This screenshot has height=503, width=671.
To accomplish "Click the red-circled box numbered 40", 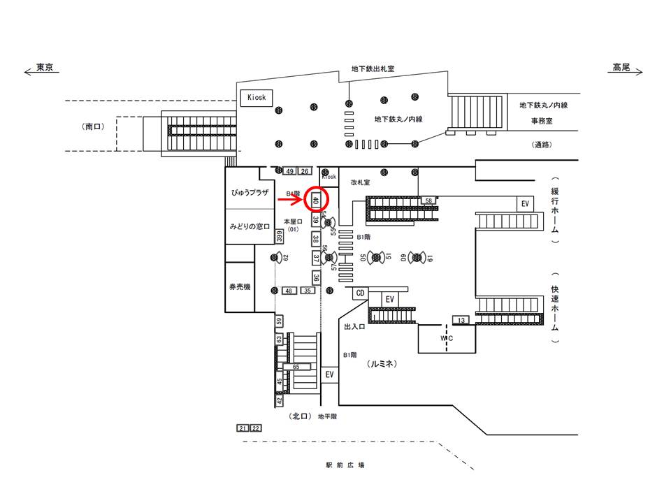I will pos(316,200).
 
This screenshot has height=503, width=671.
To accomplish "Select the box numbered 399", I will pos(279,237).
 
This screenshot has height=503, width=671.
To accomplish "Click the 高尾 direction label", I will pos(621,68).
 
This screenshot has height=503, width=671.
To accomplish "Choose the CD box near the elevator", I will pos(361,293).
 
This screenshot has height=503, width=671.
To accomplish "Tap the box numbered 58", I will pos(428,201).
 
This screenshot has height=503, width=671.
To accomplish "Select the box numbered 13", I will pos(461,320).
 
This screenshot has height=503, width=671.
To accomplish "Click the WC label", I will pos(447,339).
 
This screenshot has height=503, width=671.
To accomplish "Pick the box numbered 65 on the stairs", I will pos(296,366).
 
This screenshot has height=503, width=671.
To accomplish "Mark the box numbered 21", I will pos(243,428).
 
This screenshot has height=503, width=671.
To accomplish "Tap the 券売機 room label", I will pos(240,288).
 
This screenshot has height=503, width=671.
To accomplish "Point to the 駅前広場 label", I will pos(345,465).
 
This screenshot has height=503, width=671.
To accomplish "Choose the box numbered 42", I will pos(280,401).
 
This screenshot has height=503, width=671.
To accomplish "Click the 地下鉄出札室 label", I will pos(373,69).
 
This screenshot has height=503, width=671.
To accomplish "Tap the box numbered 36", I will pos(316,277).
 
